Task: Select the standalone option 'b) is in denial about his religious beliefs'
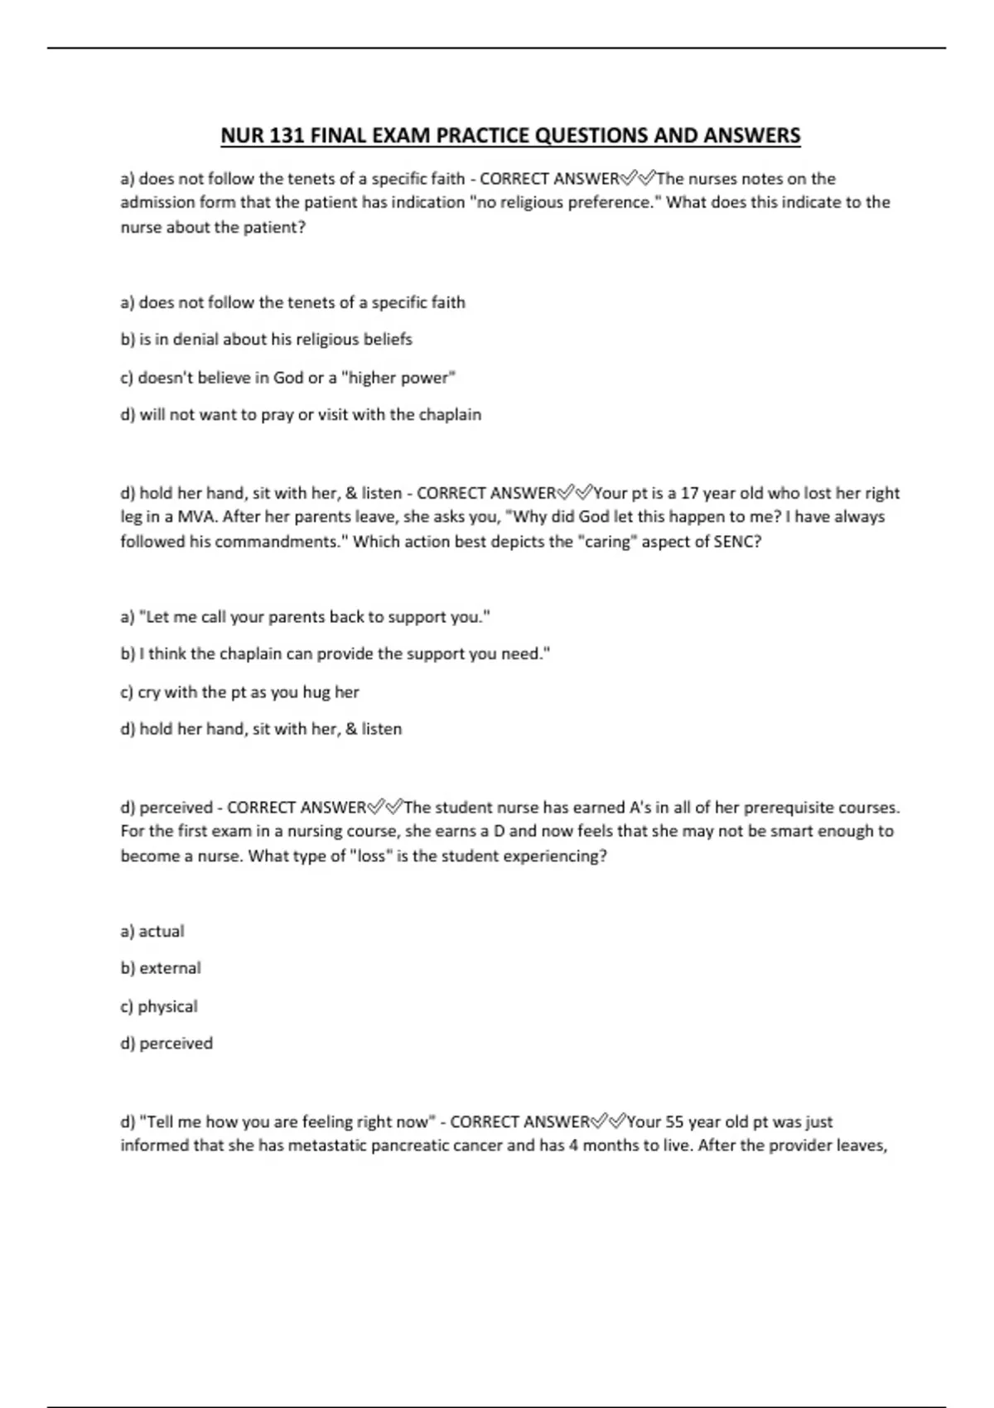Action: pos(266,340)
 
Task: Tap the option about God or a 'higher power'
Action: pos(288,378)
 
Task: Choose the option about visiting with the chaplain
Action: pos(301,415)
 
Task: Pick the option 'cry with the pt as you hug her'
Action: pos(239,692)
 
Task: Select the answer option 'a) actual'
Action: pos(152,932)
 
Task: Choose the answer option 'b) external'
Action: pos(161,968)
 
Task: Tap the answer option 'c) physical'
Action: pos(159,1007)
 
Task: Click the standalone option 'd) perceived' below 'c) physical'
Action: pos(166,1044)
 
